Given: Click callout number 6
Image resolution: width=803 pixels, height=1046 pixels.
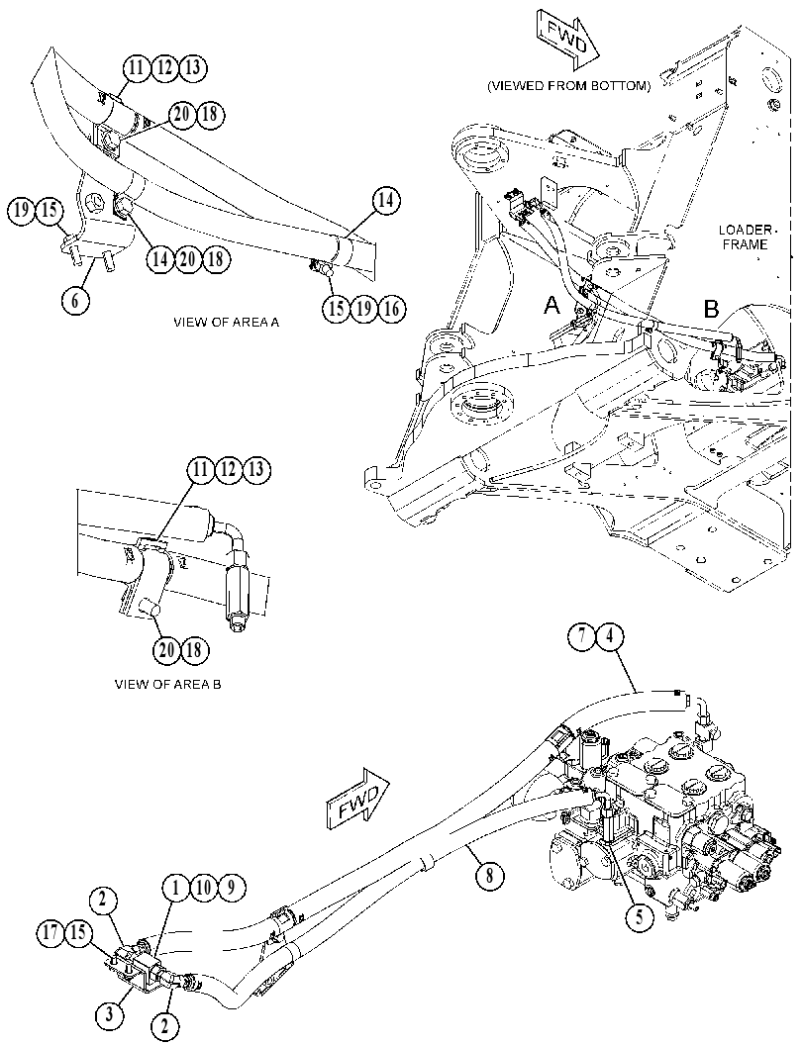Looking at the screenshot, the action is pyautogui.click(x=75, y=301).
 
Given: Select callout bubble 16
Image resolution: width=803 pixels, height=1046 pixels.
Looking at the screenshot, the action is pyautogui.click(x=391, y=308).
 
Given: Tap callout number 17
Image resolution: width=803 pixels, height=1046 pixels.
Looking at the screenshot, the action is pyautogui.click(x=51, y=932).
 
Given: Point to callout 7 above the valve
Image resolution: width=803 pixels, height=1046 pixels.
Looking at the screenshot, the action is pyautogui.click(x=582, y=636).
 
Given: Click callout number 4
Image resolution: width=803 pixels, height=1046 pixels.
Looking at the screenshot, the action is pyautogui.click(x=609, y=636).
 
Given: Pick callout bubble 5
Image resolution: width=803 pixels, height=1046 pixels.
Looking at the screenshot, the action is pyautogui.click(x=640, y=916).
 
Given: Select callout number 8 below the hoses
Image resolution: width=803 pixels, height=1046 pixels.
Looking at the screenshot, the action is pyautogui.click(x=489, y=875).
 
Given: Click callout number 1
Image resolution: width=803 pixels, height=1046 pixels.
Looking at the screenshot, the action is pyautogui.click(x=176, y=888).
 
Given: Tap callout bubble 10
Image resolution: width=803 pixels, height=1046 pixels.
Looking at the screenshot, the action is pyautogui.click(x=204, y=888).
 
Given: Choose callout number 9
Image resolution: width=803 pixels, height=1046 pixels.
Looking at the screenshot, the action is pyautogui.click(x=231, y=888).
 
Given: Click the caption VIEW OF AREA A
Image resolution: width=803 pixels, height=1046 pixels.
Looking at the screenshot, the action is pyautogui.click(x=227, y=323).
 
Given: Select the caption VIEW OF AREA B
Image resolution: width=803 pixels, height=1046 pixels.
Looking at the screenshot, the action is pyautogui.click(x=168, y=685).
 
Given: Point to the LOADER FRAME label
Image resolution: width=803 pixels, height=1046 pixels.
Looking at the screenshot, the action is pyautogui.click(x=745, y=237).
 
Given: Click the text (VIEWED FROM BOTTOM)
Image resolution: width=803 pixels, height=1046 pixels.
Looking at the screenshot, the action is pyautogui.click(x=568, y=86).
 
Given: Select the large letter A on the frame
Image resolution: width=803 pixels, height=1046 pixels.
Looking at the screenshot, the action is pyautogui.click(x=552, y=306).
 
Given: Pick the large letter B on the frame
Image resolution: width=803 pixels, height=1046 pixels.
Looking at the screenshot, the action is pyautogui.click(x=712, y=309).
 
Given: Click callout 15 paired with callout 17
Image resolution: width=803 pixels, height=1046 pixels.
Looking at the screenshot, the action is pyautogui.click(x=79, y=932).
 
